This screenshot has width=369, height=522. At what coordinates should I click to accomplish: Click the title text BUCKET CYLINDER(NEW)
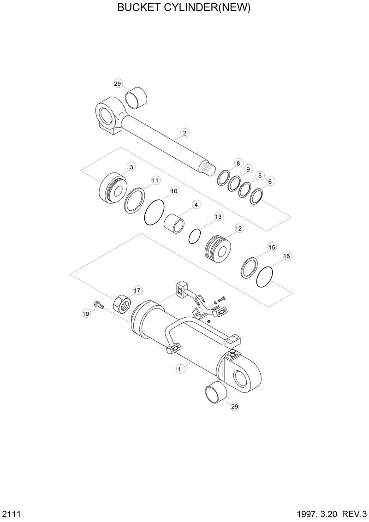184,8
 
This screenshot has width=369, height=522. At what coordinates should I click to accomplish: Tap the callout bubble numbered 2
184,133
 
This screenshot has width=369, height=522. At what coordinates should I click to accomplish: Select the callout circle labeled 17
137,290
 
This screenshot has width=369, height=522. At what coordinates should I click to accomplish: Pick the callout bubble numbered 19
86,314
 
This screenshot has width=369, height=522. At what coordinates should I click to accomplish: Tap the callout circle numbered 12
238,228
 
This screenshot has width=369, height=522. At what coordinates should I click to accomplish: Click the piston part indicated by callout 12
218,249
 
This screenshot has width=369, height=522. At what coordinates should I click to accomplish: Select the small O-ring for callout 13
195,236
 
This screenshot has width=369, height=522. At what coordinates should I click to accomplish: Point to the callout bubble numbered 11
155,180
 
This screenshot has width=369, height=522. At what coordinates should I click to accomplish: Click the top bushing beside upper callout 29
137,98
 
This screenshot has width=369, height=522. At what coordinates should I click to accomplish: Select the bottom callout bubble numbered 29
234,406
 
